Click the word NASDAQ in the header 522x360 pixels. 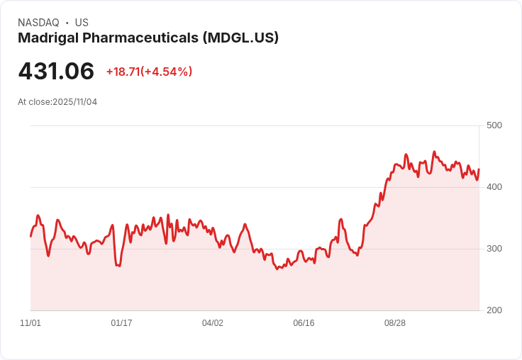point(38,23)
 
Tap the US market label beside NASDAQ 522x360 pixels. point(82,23)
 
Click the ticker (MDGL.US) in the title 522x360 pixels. point(240,38)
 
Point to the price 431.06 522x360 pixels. point(56,72)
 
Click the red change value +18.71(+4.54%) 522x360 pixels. point(149,72)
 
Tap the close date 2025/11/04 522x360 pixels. point(74,102)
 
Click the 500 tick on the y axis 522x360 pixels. point(494,125)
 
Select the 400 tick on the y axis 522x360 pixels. point(494,187)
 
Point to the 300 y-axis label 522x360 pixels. point(494,249)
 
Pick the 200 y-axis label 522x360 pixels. point(494,310)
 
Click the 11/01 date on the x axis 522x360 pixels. point(30,323)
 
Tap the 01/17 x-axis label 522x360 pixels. point(121,323)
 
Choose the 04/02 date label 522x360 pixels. point(213,323)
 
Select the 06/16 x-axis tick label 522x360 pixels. point(304,323)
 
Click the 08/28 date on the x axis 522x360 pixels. point(395,323)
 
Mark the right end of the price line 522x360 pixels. point(479,169)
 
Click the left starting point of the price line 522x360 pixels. point(30,236)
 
